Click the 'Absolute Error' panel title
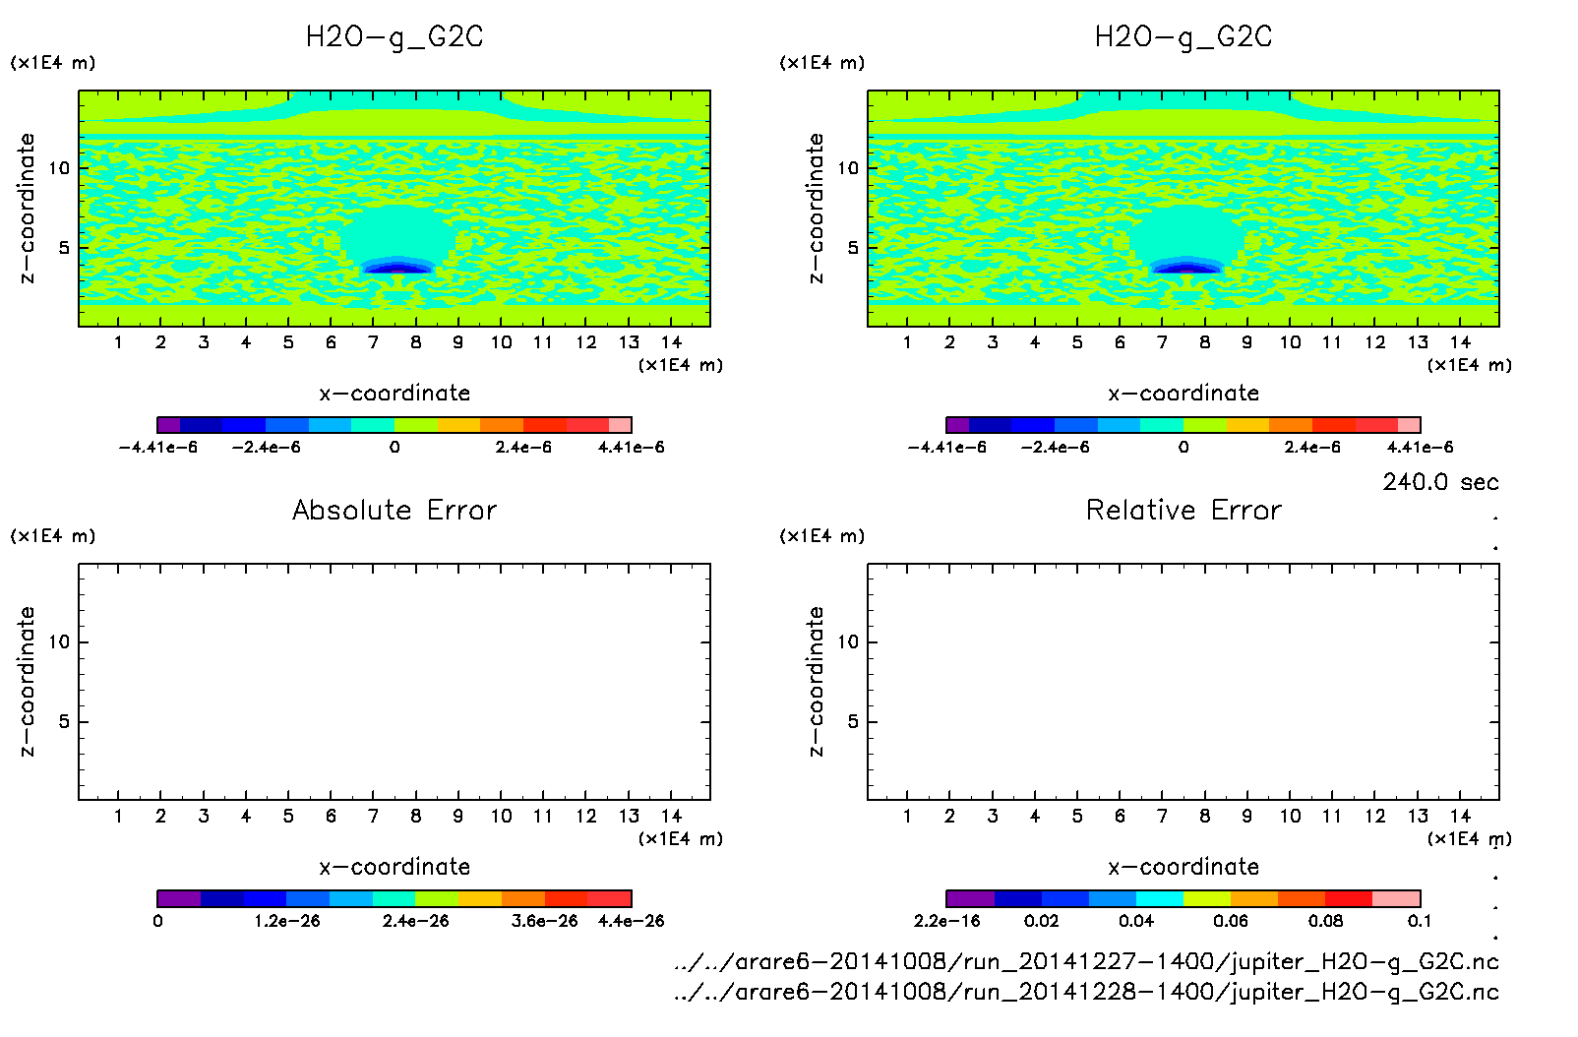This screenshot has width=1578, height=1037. coord(394,510)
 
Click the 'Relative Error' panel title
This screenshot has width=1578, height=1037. coord(1183,510)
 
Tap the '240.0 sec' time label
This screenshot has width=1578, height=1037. coord(1440,482)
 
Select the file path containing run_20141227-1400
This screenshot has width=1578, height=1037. coord(1086,961)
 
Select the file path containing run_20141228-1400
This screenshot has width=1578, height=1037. coord(1086,992)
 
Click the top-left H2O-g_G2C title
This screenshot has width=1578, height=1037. coord(394,37)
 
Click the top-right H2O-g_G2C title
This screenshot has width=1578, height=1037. coord(1183,37)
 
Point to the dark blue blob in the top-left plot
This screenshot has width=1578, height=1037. coord(396,267)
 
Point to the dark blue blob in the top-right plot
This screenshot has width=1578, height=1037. coord(1185,267)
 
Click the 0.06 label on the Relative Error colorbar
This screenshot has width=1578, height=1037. coord(1231,921)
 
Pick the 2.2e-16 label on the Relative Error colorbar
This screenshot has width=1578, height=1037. coord(947,921)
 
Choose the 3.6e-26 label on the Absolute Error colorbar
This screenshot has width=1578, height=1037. coord(545,921)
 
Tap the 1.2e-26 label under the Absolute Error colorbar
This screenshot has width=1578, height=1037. coord(287,921)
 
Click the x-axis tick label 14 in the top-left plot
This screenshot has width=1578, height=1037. coord(671,342)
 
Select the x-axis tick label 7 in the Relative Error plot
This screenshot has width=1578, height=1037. coord(1162,816)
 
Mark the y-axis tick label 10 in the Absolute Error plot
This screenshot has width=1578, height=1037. coord(59,642)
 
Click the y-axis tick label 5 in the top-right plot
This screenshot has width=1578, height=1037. coord(852,248)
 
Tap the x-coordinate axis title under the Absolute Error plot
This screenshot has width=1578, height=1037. coord(394,867)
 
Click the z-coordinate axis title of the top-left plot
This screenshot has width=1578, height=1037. coord(27,209)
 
